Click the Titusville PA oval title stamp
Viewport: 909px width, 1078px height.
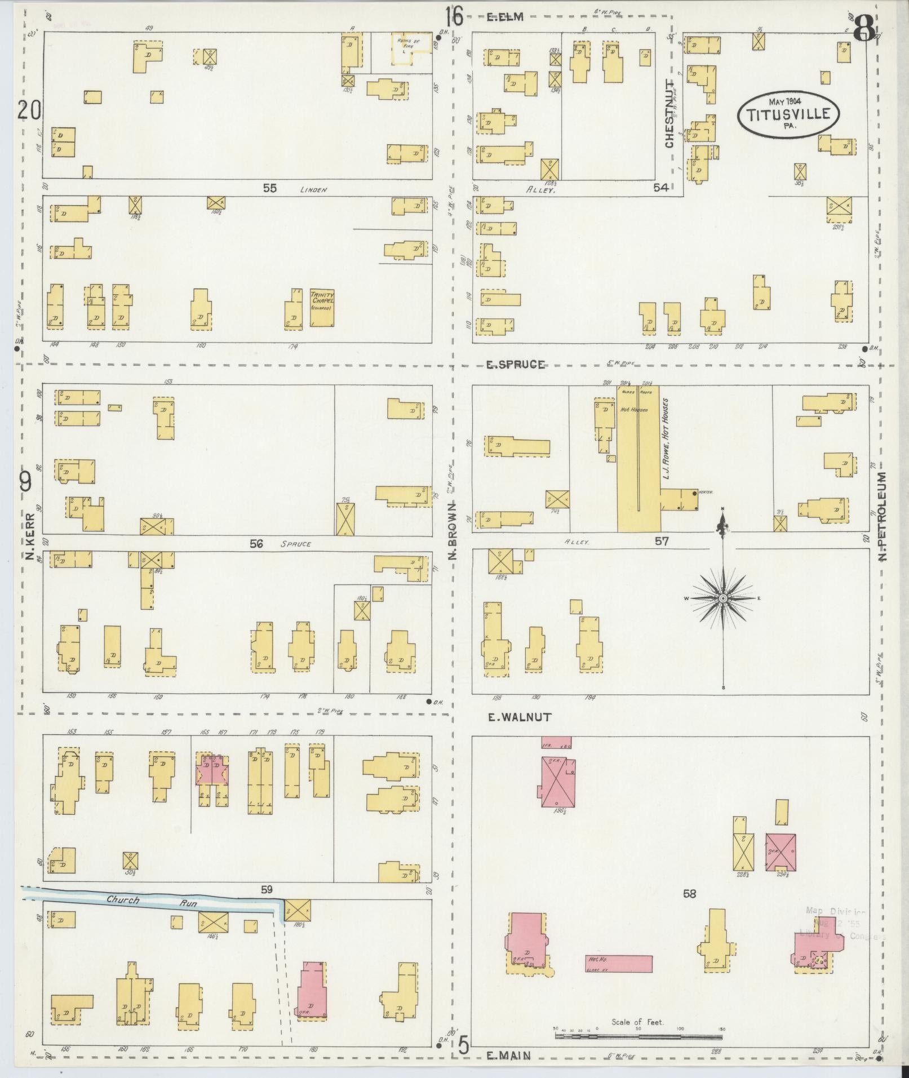coord(788,114)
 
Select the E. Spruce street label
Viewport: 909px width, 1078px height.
coord(516,365)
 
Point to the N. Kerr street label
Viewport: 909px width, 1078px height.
coord(30,535)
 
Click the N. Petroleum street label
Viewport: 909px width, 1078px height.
coord(883,516)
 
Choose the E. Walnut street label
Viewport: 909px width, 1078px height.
coord(519,717)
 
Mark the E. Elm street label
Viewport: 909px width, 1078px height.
coord(505,17)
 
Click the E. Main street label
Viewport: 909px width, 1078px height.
coord(509,1056)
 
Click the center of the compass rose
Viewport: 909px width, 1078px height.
coord(723,598)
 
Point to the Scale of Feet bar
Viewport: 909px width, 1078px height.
coord(638,1036)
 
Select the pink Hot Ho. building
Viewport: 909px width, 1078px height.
coord(619,963)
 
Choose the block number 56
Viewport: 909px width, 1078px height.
coord(256,544)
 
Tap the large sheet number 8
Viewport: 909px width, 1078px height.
coord(864,28)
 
